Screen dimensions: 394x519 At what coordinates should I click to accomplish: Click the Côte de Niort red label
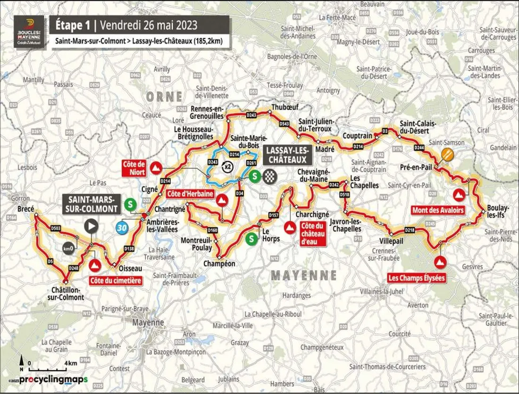pyautogui.click(x=134, y=168)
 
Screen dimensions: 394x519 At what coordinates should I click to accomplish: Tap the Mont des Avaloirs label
pyautogui.click(x=437, y=210)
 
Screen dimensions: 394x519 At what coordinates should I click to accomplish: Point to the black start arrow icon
pyautogui.click(x=91, y=226)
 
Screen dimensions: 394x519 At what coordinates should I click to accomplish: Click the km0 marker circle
pyautogui.click(x=68, y=248)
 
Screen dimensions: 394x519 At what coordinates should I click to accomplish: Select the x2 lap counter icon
pyautogui.click(x=228, y=166)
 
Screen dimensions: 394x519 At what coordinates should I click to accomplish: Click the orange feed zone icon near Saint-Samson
pyautogui.click(x=447, y=154)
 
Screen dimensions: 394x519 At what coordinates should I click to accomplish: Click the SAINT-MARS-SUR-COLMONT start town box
pyautogui.click(x=89, y=204)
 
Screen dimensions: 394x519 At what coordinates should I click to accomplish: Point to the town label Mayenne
pyautogui.click(x=148, y=323)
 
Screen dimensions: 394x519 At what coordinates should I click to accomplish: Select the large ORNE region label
pyautogui.click(x=164, y=97)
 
